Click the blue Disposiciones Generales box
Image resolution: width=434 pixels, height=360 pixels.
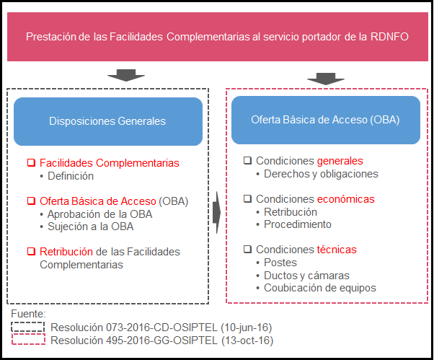(x=107, y=121)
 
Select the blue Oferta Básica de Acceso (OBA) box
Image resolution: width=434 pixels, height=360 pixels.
(x=325, y=120)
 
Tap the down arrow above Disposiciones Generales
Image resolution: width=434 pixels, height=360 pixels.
(x=124, y=76)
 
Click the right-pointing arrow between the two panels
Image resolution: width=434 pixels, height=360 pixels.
(x=217, y=214)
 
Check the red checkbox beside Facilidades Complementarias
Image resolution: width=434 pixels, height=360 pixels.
(x=31, y=162)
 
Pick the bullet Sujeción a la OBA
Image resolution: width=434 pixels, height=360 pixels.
(x=90, y=227)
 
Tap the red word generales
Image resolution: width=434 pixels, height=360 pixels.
(x=340, y=161)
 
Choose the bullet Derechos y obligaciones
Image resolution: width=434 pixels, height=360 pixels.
(x=322, y=174)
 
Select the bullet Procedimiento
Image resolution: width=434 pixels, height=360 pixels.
(x=298, y=224)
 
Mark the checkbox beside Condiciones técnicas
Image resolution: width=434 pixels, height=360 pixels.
(x=247, y=250)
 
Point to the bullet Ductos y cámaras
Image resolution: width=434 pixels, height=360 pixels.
(x=306, y=276)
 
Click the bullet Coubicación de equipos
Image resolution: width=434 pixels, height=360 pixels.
(x=320, y=288)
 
